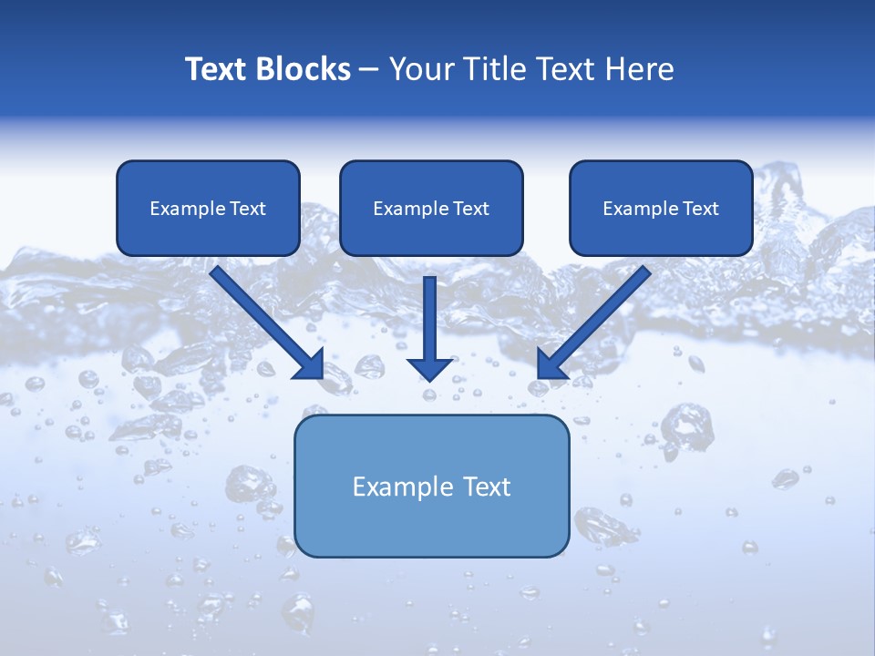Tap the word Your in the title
pos(419,69)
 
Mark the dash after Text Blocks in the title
pos(369,70)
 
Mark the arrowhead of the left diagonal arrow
pos(310,364)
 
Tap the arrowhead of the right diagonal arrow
pos(551,364)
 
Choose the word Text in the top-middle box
pos(470,209)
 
